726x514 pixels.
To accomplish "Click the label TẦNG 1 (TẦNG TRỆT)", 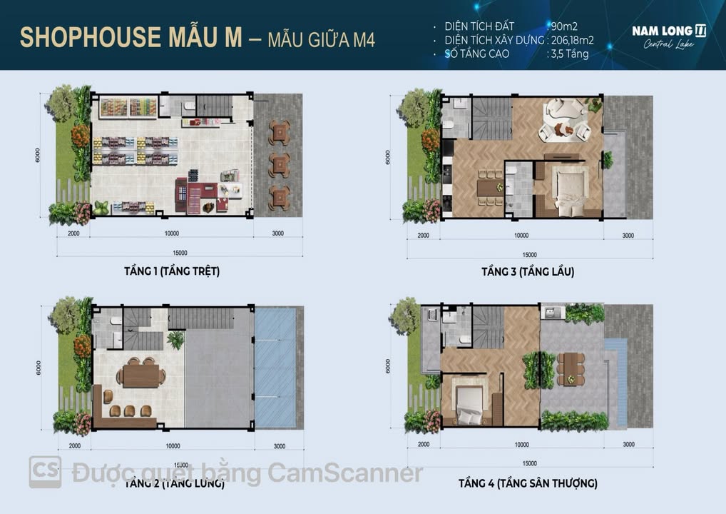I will click(171, 271).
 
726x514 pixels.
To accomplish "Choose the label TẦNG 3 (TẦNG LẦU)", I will click(528, 271).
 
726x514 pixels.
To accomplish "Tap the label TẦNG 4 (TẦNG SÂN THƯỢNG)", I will click(528, 483).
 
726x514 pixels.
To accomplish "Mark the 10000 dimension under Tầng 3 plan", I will click(521, 236).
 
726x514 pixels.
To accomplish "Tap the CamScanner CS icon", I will click(45, 472).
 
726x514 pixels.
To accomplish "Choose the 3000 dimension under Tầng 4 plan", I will click(628, 445).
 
